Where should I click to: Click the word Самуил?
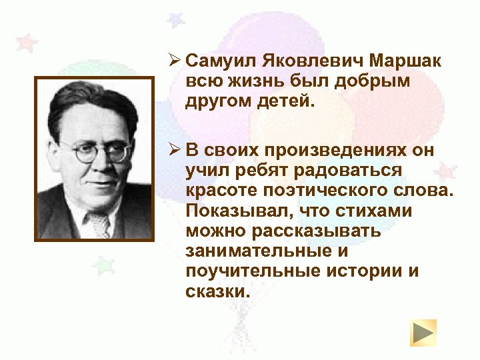[213, 62]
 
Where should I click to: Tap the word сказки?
[217, 293]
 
